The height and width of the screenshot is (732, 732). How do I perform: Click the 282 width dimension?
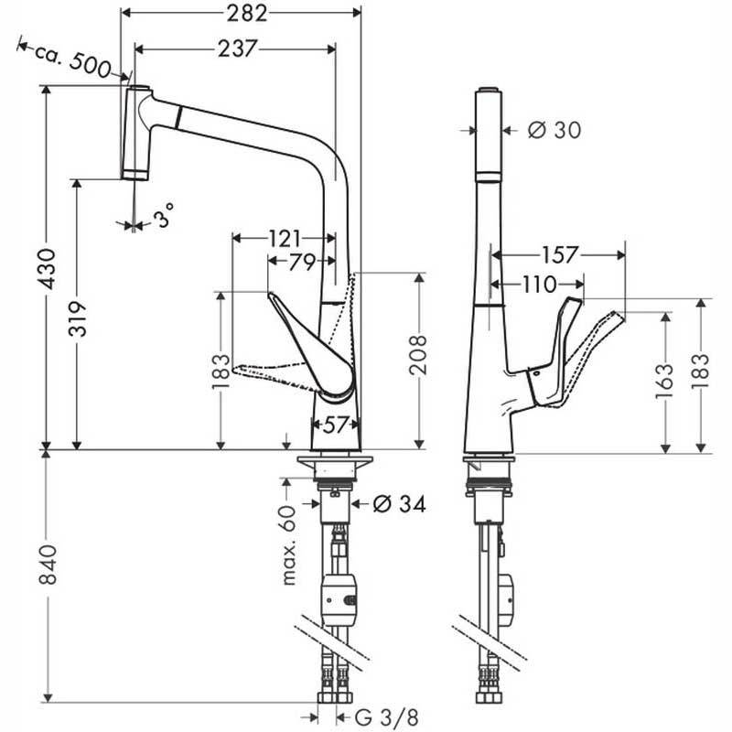(x=247, y=13)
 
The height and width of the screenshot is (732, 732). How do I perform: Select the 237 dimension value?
(x=237, y=48)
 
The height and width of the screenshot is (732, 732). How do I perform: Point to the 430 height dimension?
(x=48, y=269)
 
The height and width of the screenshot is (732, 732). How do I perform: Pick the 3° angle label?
(x=164, y=215)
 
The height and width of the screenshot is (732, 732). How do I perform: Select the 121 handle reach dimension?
(x=285, y=239)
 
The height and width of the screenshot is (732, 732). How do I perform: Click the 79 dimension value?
(x=302, y=262)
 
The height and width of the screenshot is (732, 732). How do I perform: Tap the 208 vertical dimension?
(x=418, y=354)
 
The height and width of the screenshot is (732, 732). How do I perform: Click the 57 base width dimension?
(x=336, y=425)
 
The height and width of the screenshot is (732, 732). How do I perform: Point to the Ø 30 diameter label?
(x=554, y=130)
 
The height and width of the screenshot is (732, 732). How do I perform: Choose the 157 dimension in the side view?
(x=559, y=255)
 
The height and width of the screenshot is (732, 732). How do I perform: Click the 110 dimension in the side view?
(x=539, y=284)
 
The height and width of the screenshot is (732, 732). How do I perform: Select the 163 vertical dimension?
(x=664, y=382)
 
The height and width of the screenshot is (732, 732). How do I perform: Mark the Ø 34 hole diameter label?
(x=400, y=504)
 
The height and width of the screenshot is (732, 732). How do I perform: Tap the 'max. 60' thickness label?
(x=289, y=545)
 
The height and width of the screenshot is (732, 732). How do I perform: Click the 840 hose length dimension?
(x=48, y=564)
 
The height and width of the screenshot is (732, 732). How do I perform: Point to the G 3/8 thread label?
(x=386, y=717)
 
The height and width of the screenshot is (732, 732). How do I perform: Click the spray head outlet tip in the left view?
(x=135, y=176)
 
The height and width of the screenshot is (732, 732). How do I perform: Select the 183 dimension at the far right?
(x=700, y=371)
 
